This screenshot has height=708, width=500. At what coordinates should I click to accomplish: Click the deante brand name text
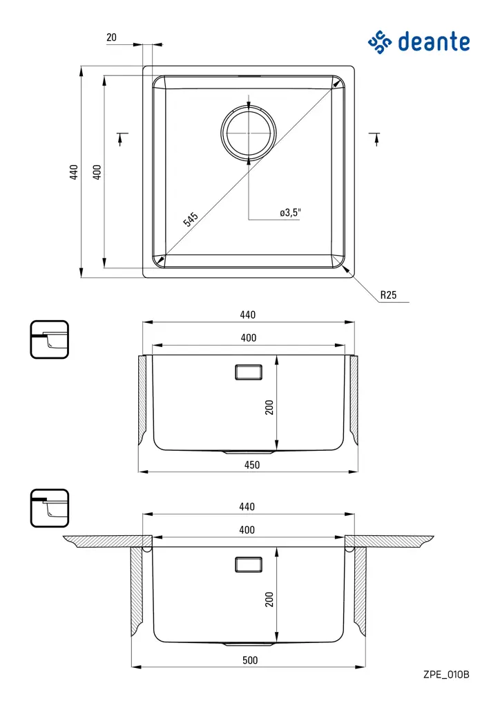click(434, 42)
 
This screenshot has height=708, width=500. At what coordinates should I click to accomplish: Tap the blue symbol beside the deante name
click(380, 42)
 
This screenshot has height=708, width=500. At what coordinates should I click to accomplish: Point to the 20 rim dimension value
click(112, 38)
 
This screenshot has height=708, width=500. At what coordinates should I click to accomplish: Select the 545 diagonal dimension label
click(191, 220)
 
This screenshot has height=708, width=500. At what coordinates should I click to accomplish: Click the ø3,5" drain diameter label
click(290, 213)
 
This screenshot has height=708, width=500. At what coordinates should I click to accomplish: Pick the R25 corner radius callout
click(388, 295)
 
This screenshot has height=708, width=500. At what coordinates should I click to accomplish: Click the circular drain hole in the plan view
click(248, 131)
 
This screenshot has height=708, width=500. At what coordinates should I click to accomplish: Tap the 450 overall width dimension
click(252, 465)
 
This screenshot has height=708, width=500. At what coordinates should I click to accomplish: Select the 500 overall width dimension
click(250, 660)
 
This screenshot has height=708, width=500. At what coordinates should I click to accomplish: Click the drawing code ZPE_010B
click(446, 674)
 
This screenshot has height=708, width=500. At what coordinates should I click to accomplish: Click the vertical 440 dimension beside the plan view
click(74, 171)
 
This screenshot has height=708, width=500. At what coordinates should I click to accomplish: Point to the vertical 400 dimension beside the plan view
click(97, 171)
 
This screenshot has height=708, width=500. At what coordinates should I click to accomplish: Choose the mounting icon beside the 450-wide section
click(50, 339)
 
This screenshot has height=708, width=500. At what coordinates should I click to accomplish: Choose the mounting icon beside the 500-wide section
click(50, 508)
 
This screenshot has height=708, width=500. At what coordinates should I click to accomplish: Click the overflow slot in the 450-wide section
click(249, 372)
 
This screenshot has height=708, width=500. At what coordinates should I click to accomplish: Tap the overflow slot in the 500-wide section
click(249, 564)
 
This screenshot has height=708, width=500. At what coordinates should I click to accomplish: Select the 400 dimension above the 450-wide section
click(249, 338)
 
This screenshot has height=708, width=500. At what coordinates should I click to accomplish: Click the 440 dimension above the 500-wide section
click(247, 507)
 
